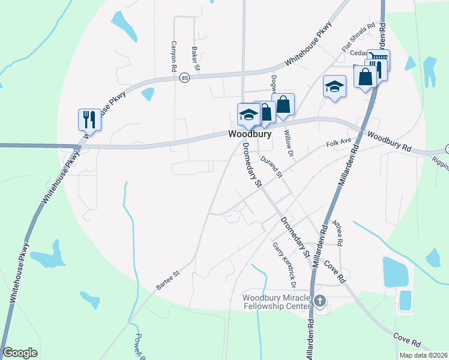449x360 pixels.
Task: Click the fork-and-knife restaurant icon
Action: pyautogui.click(x=89, y=119)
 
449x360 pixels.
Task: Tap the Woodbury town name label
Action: pyautogui.click(x=249, y=135)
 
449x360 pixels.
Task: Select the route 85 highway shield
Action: pyautogui.click(x=184, y=78)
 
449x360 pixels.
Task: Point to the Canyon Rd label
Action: pyautogui.click(x=174, y=53)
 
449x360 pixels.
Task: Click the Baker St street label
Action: pyautogui.click(x=195, y=58)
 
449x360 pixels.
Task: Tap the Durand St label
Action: pyautogui.click(x=272, y=166)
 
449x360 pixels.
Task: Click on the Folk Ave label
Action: pyautogui.click(x=337, y=144)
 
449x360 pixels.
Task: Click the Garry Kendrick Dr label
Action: pyautogui.click(x=285, y=259)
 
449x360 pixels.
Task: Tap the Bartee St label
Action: pyautogui.click(x=169, y=274)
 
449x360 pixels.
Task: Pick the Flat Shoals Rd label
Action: pyautogui.click(x=358, y=37)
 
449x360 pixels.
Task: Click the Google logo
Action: pyautogui.click(x=20, y=353)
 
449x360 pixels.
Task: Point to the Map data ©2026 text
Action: pyautogui.click(x=423, y=355)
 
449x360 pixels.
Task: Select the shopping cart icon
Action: pyautogui.click(x=378, y=59)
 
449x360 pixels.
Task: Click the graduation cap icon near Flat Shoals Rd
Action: pyautogui.click(x=334, y=86)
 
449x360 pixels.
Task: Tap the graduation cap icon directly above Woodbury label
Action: pyautogui.click(x=248, y=114)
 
